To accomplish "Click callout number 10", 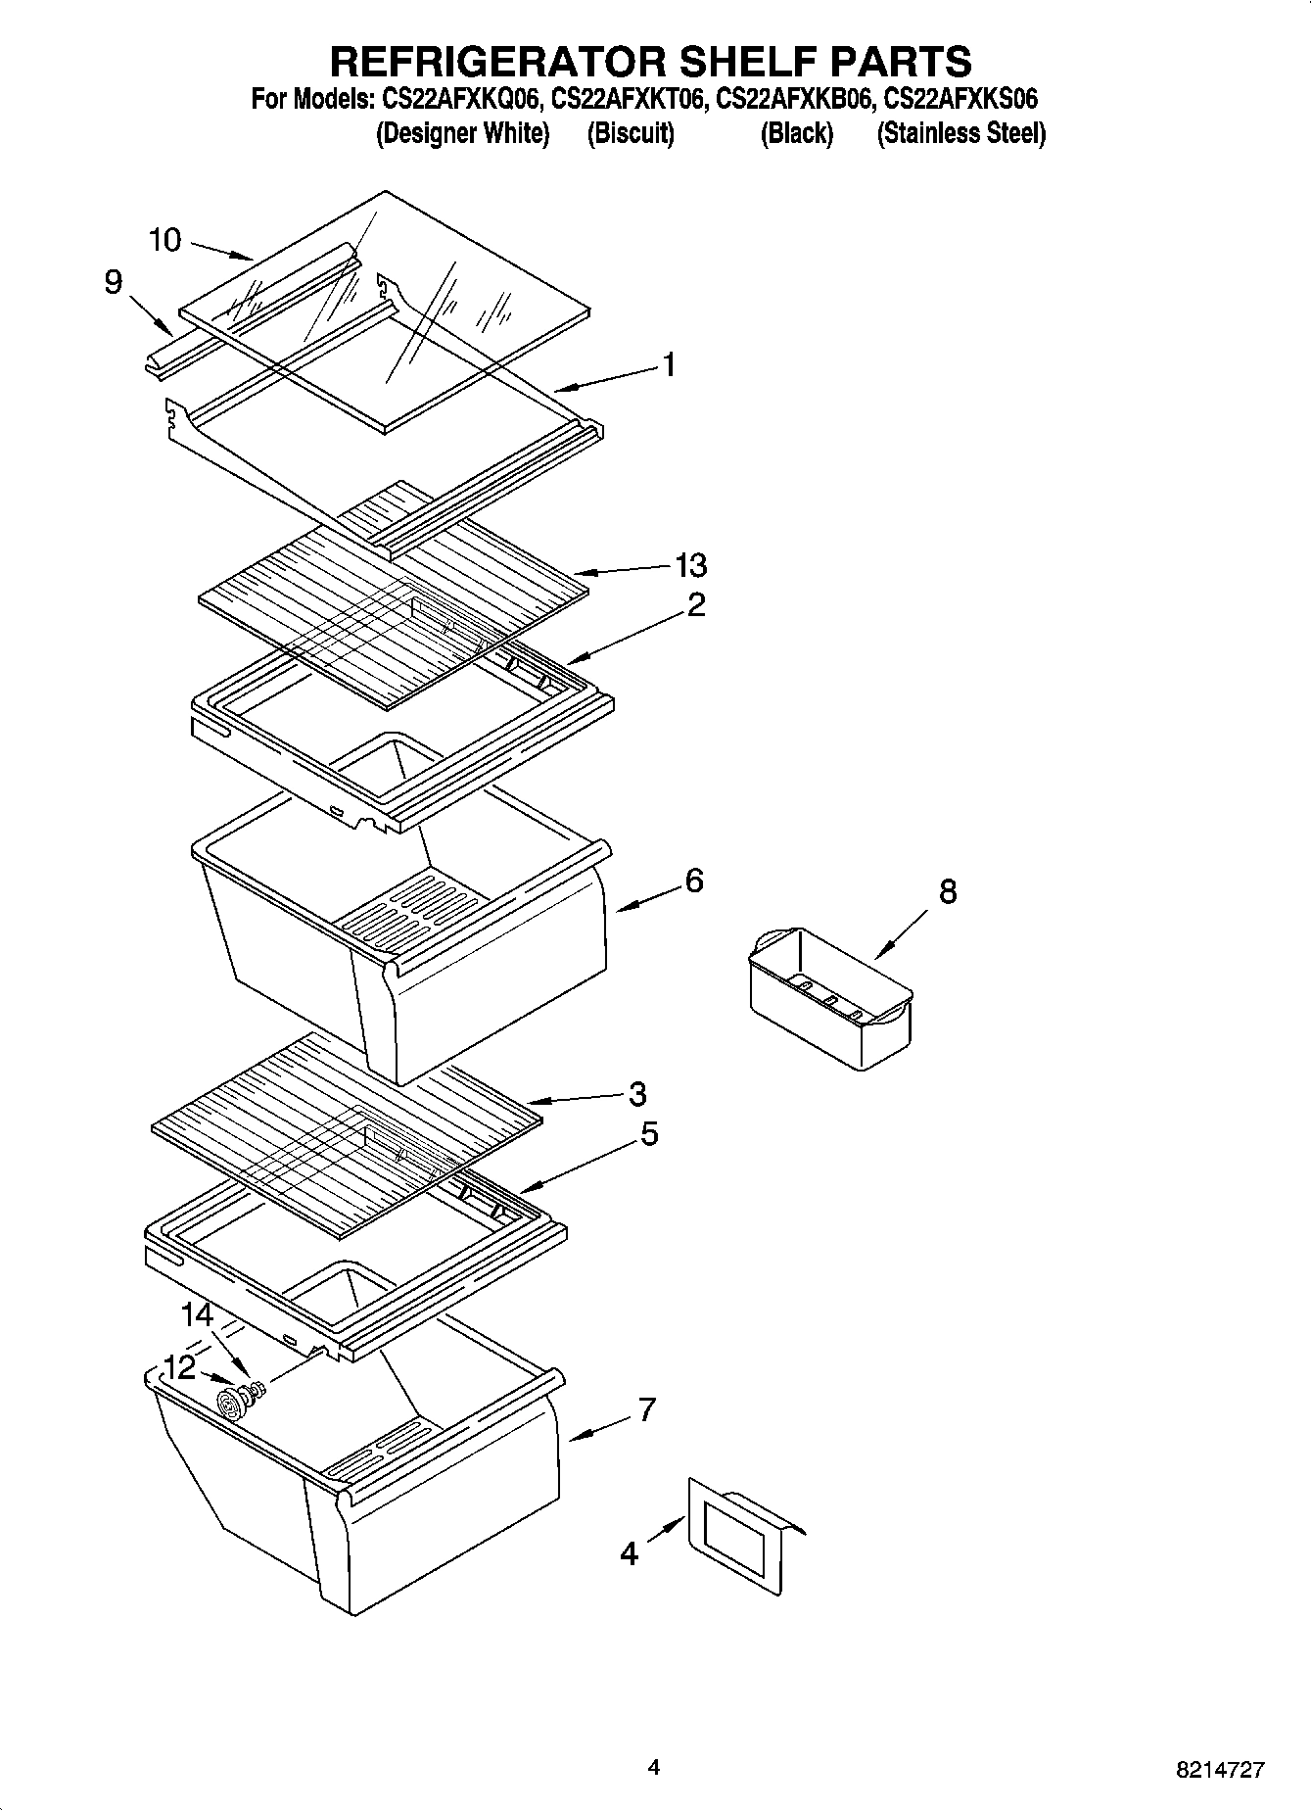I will (165, 240).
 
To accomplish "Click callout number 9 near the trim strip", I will (114, 283).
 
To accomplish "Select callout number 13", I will (690, 565).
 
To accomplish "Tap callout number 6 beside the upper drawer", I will (693, 881).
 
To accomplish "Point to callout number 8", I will (947, 891).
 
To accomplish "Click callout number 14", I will (197, 1314).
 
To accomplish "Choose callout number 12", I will (179, 1367).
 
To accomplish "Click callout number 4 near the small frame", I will (629, 1553).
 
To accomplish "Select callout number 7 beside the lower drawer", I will (646, 1409).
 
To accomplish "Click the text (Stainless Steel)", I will (960, 134).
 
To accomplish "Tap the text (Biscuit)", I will (631, 134).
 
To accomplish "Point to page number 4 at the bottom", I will (653, 1767).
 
